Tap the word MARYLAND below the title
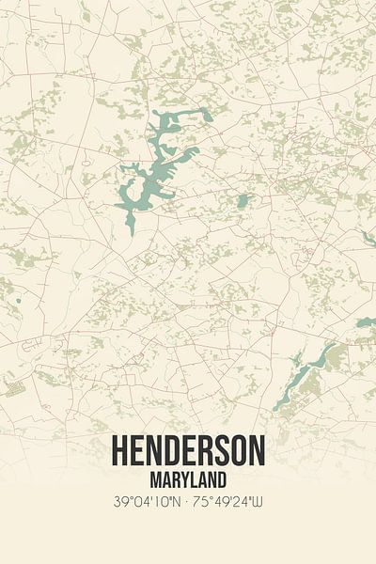pos(188,478)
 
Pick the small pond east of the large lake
pos(243,200)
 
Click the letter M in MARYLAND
pos(153,478)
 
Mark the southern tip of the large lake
pos(131,230)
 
